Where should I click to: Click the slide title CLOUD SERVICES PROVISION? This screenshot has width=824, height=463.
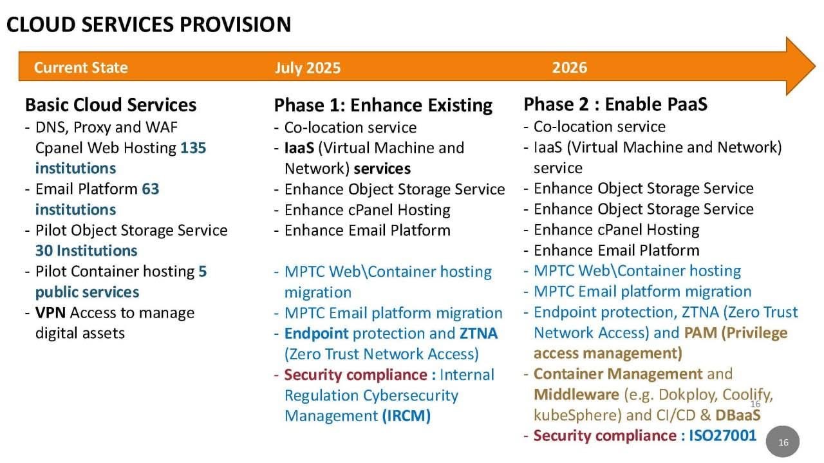pos(149,24)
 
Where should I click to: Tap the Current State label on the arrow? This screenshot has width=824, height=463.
pos(81,68)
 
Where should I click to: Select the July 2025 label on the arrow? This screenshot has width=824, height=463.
pos(308,68)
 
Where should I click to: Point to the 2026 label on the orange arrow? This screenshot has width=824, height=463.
pos(570,68)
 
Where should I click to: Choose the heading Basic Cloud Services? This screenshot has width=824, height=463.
pos(111,105)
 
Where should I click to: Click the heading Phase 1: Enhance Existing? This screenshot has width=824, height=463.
pos(383,105)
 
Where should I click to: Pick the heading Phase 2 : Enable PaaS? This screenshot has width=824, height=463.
pos(615,104)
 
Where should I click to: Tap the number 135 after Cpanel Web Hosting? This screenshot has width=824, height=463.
pos(193,148)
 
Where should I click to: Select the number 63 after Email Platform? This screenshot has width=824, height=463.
pos(151,189)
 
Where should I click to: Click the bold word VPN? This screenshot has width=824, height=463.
pos(50,313)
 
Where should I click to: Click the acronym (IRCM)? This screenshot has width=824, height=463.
pos(406,416)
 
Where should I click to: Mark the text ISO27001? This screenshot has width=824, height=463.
pos(722,436)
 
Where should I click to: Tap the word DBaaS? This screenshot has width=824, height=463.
pos(738,415)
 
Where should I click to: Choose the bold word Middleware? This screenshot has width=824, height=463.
pos(576,395)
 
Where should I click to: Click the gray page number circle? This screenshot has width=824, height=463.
pos(783,442)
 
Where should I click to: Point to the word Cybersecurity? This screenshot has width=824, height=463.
pos(411,395)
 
